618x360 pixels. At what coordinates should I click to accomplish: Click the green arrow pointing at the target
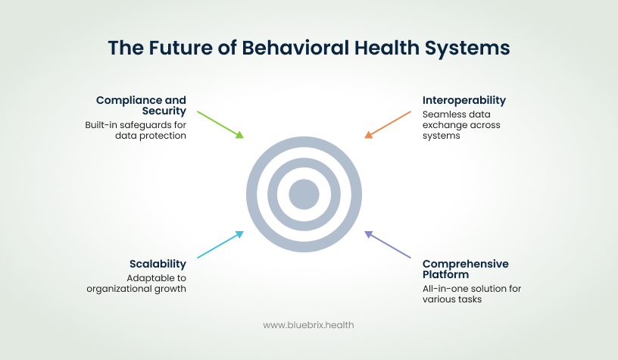[220, 125]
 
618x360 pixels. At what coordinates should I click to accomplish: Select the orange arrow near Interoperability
[388, 125]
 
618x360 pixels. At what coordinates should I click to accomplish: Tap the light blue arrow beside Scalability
[220, 245]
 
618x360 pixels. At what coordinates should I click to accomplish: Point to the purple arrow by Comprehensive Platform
[388, 245]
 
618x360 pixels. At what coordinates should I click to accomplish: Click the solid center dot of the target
[304, 195]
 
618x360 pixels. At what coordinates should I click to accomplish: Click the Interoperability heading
[464, 100]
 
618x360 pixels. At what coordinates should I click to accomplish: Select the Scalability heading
[157, 264]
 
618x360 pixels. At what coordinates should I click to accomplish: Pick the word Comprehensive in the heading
[466, 264]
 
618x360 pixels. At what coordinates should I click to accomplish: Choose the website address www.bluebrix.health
[308, 324]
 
